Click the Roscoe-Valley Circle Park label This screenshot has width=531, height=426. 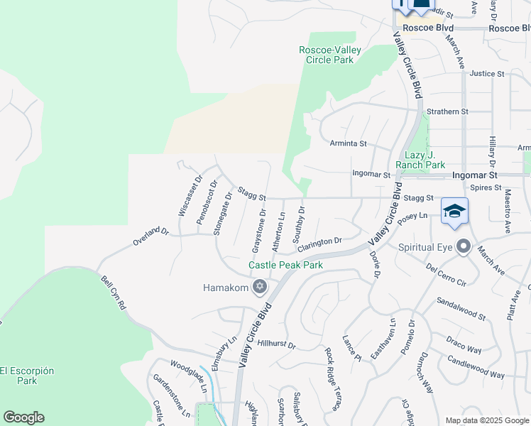[x=330, y=55]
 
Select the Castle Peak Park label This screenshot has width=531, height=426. [x=285, y=265]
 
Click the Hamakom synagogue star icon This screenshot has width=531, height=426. [x=260, y=286]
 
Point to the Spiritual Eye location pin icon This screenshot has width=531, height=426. [x=464, y=247]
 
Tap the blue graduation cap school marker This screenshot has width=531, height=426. [x=454, y=211]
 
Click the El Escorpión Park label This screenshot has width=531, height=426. [x=27, y=376]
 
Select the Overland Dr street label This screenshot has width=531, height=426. [x=150, y=237]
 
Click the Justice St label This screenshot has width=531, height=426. [x=486, y=73]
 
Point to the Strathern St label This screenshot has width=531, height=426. [x=448, y=111]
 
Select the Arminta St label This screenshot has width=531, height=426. [x=348, y=143]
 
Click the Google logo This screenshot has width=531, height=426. [x=23, y=417]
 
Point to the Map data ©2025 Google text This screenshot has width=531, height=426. [x=487, y=420]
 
